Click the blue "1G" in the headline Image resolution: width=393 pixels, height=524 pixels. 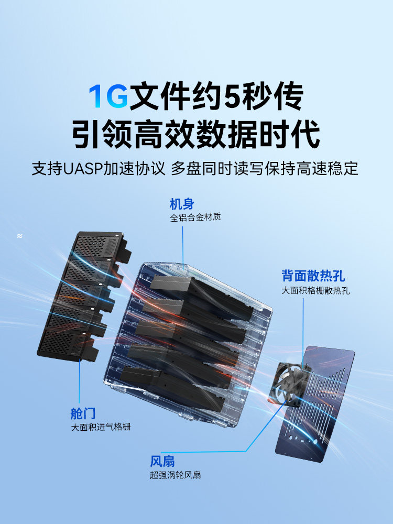click(108, 96)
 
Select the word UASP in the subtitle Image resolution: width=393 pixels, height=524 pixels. click(83, 168)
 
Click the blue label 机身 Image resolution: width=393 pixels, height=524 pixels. click(182, 204)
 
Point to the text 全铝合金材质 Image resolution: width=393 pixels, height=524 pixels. click(195, 217)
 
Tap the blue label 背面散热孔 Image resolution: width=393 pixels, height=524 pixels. click(313, 276)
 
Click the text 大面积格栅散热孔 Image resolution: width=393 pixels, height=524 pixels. click(315, 290)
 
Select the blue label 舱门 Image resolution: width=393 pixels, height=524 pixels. click(83, 413)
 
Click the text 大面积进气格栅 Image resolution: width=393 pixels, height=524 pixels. click(101, 427)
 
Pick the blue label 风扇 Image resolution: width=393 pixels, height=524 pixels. click(162, 462)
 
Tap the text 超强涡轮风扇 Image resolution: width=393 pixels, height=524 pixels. click(176, 475)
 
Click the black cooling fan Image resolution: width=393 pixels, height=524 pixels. click(289, 384)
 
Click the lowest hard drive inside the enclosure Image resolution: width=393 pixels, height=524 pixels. click(172, 388)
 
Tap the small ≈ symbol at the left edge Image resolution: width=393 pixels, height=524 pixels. click(20, 236)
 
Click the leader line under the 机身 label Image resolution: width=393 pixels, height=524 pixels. click(183, 248)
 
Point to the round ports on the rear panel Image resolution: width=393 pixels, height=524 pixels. click(303, 440)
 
